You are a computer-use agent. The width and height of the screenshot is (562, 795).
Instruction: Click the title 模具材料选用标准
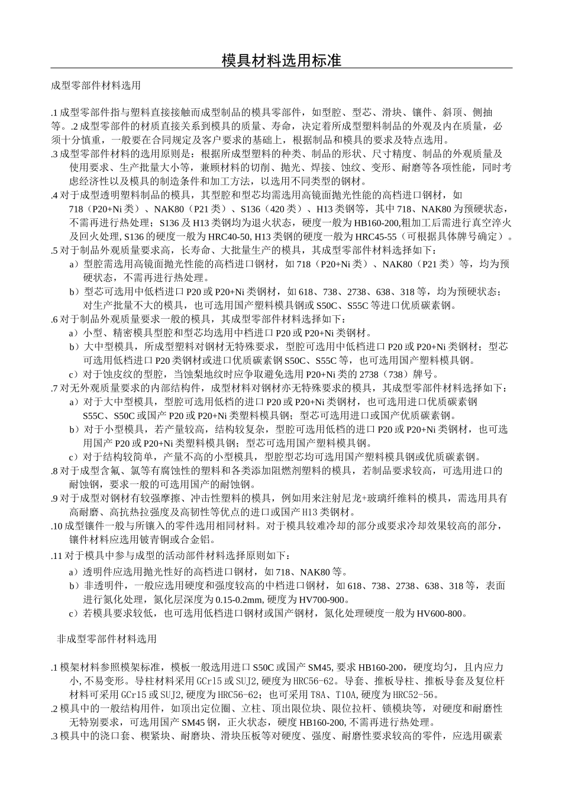281,60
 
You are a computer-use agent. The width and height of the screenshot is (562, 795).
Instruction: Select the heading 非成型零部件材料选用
106,639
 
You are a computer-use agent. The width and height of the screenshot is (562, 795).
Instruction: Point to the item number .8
55,471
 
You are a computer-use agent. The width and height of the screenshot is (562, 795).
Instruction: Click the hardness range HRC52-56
427,695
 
